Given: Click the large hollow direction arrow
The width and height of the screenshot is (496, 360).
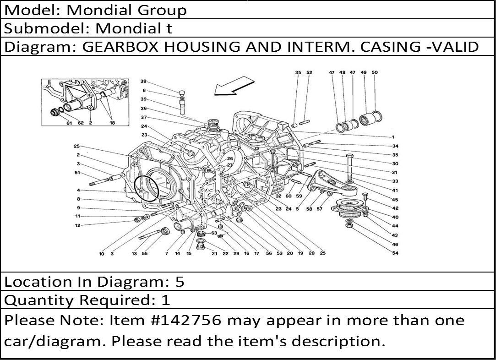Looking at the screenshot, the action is click(234, 85).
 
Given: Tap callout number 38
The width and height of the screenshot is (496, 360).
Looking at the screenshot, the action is click(144, 81).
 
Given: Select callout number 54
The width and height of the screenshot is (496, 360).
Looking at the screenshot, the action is click(395, 253).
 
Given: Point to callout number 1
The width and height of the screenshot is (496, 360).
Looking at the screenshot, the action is click(393, 137).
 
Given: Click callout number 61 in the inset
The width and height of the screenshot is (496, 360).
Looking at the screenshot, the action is click(69, 123).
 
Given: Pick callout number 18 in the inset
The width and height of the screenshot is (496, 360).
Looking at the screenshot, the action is click(112, 123).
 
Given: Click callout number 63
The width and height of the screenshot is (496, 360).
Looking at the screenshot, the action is click(214, 233).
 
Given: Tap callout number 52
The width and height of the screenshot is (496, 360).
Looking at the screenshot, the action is click(309, 72).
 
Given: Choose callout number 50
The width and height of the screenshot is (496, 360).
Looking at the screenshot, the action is click(375, 72).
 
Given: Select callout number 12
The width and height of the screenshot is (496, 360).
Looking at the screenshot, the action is click(77, 225).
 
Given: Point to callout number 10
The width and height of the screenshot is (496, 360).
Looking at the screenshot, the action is click(102, 254).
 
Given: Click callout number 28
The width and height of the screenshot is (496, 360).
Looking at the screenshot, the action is click(311, 253).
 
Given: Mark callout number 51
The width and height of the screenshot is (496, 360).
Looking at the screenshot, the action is click(77, 173).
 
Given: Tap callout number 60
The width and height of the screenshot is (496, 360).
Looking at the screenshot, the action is click(289, 196).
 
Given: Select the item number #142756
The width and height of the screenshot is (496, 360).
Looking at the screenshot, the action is click(187, 320).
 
